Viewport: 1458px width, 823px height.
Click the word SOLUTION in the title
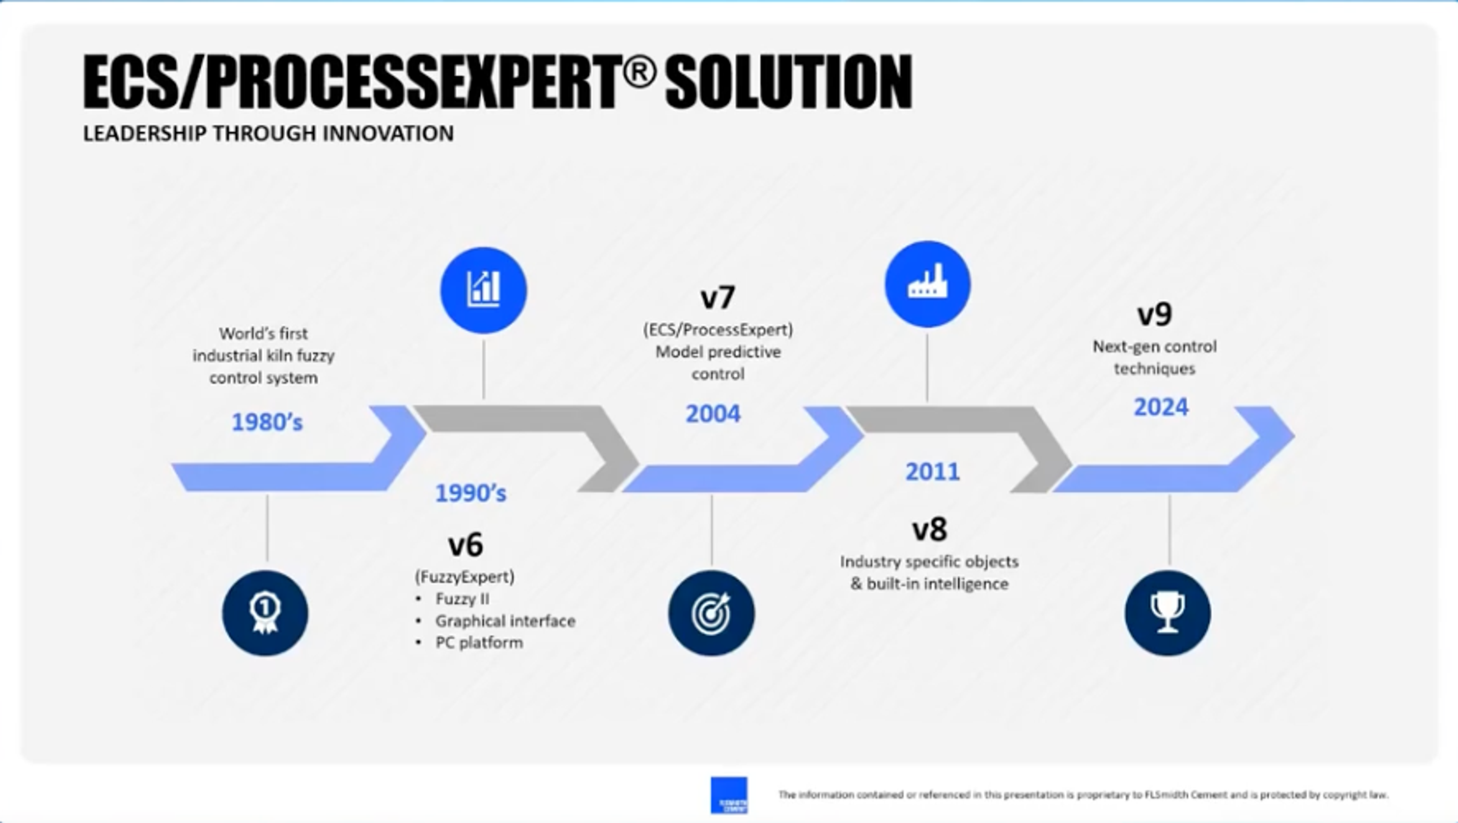[x=789, y=82]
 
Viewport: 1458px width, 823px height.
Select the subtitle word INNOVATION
[x=388, y=134]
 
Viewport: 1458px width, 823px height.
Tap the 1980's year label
[x=267, y=422]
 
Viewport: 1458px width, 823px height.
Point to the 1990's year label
[x=470, y=493]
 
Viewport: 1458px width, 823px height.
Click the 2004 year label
[x=713, y=414]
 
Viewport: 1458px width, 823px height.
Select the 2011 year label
[x=932, y=471]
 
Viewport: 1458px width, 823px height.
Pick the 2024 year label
[x=1161, y=407]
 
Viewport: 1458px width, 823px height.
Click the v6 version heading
[x=465, y=545]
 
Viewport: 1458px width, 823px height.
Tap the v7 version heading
[x=718, y=297]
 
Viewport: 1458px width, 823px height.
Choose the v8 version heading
[x=929, y=529]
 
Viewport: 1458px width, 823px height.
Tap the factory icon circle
[x=927, y=284]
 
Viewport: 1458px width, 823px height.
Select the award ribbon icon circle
[x=265, y=613]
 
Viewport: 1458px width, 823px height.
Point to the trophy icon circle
[x=1167, y=613]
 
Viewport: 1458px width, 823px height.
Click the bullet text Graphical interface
[x=505, y=621]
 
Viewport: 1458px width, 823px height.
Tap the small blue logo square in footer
[x=729, y=795]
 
